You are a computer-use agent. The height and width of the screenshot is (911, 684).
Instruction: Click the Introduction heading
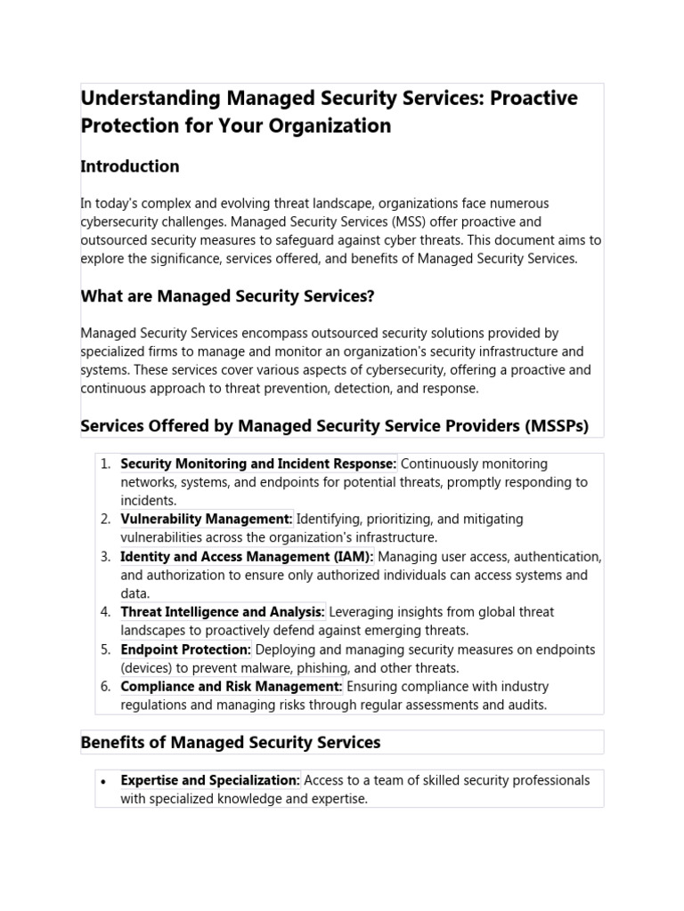pos(130,166)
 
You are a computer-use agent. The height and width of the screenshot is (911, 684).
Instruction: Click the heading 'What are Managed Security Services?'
pos(233,295)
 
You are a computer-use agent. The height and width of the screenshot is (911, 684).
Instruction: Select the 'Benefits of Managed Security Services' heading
pos(231,742)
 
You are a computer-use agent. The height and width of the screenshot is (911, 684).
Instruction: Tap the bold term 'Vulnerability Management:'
pos(207,519)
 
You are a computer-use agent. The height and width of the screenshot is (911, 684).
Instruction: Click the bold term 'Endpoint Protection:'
pos(186,649)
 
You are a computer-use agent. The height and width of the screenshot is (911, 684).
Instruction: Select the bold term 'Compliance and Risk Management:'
pos(232,687)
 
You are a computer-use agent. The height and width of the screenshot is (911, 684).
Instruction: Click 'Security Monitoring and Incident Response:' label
pos(258,464)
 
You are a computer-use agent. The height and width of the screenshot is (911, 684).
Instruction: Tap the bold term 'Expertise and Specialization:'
pos(210,780)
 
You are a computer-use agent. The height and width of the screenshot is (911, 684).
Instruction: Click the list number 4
pos(105,612)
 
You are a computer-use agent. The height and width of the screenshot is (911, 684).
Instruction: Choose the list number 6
pos(105,687)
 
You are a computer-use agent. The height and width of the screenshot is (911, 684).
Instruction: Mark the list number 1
pos(105,464)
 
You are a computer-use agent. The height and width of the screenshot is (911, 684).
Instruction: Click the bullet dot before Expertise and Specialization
pos(104,781)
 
